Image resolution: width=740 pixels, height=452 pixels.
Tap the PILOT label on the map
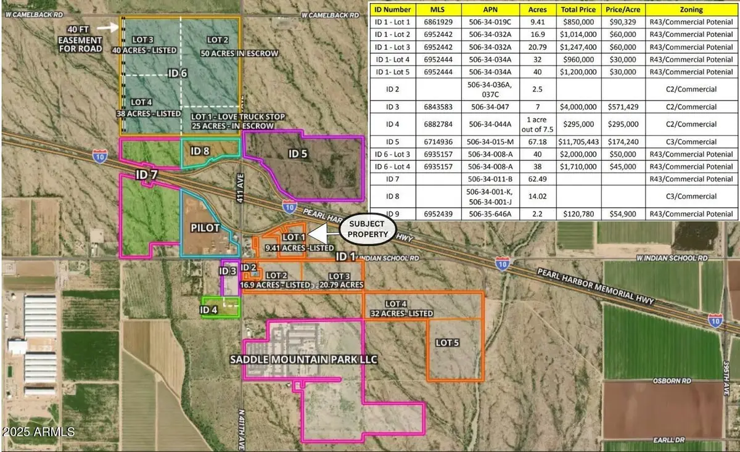click(x=205, y=228)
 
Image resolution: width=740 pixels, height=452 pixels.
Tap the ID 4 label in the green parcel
click(x=208, y=310)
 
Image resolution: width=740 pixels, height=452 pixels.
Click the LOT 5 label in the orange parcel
click(x=449, y=342)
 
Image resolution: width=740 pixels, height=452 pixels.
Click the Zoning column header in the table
click(x=691, y=10)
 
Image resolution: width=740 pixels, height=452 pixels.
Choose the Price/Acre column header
click(x=622, y=10)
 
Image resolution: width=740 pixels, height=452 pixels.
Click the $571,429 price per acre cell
click(x=622, y=107)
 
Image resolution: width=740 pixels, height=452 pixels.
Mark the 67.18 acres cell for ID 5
click(x=533, y=140)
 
